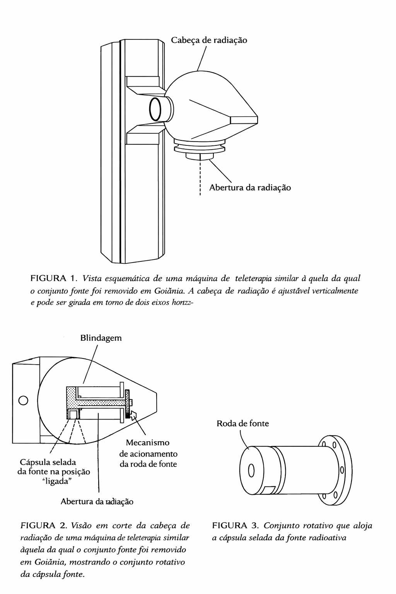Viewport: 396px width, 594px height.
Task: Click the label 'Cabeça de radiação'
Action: (x=209, y=40)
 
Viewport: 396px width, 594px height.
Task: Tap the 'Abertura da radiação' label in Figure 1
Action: (x=250, y=188)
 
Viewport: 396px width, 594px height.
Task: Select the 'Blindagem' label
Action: (x=101, y=338)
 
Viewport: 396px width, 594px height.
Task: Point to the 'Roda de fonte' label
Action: (x=243, y=423)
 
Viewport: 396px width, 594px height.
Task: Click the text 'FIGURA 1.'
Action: (x=54, y=278)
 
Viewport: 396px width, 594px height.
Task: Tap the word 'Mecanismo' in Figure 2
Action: (x=147, y=442)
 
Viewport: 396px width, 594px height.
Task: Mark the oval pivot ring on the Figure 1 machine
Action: (x=155, y=109)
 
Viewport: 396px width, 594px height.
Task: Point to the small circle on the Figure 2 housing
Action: (x=23, y=400)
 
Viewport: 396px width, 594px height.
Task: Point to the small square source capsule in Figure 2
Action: (x=73, y=414)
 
